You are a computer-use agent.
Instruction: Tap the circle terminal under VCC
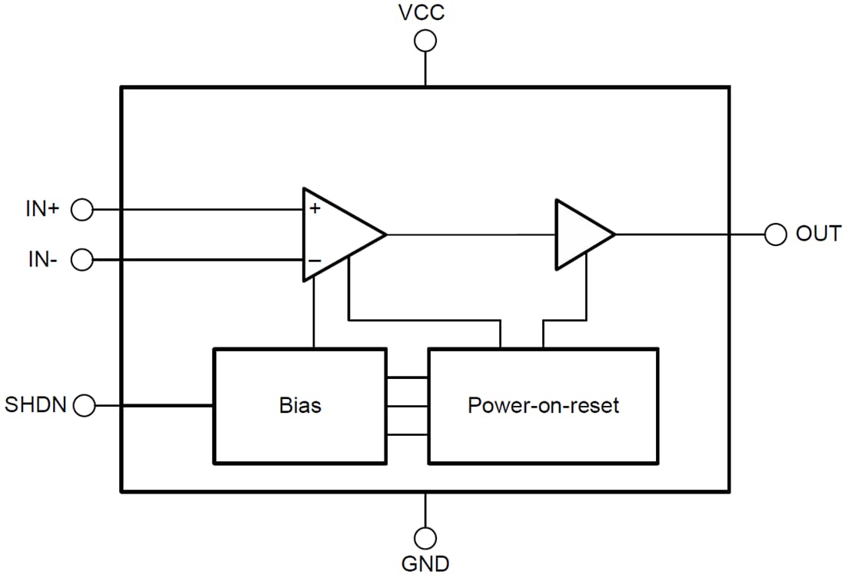(x=425, y=41)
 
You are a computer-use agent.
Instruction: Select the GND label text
(x=425, y=563)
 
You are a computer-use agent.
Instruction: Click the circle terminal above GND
(x=425, y=537)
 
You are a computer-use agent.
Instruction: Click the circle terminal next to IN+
(x=82, y=209)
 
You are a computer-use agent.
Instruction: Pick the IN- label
(x=43, y=260)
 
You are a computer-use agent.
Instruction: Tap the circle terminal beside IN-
(x=82, y=261)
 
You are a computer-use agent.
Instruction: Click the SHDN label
(x=36, y=404)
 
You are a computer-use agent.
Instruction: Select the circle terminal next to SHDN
(x=82, y=405)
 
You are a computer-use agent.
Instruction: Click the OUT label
(x=818, y=234)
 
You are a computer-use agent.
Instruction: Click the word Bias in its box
(x=300, y=405)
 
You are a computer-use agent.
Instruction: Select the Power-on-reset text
(x=543, y=405)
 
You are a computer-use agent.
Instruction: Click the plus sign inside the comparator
(x=315, y=208)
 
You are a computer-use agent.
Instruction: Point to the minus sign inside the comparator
(x=315, y=261)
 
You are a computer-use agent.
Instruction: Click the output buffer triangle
(x=580, y=234)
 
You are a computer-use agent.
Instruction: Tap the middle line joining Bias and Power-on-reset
(x=407, y=406)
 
